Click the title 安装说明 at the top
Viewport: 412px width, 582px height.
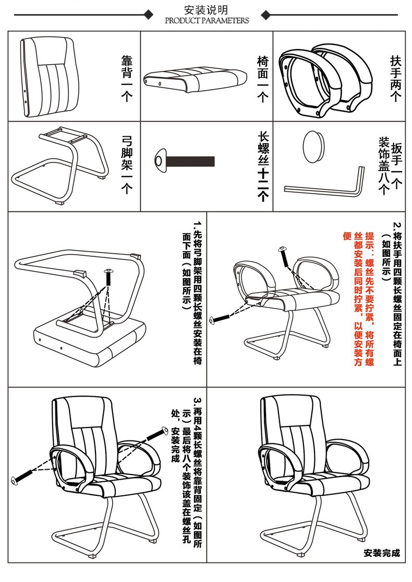pos(206,10)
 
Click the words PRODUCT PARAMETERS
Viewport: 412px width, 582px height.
pos(207,21)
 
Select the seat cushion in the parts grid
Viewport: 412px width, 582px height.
pos(195,78)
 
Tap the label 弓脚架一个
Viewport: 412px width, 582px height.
pos(127,164)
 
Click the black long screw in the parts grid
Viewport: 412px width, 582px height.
pos(184,160)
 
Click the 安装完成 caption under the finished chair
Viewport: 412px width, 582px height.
pos(382,553)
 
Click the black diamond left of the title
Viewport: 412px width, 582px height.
pos(149,15)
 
